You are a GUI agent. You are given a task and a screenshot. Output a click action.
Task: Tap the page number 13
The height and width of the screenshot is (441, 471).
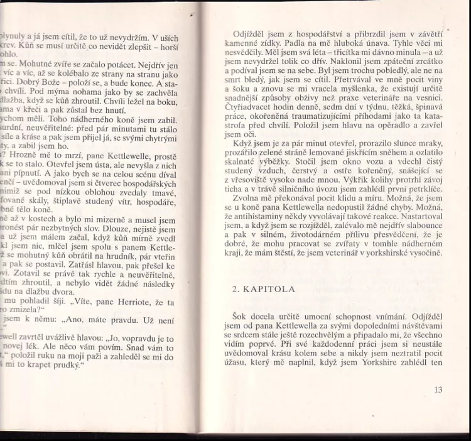coord(438,389)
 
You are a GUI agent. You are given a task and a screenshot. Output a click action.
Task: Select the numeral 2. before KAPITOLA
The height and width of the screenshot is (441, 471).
coord(235,290)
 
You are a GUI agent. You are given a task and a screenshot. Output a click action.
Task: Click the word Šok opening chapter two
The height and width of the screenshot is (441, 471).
coord(231,317)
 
